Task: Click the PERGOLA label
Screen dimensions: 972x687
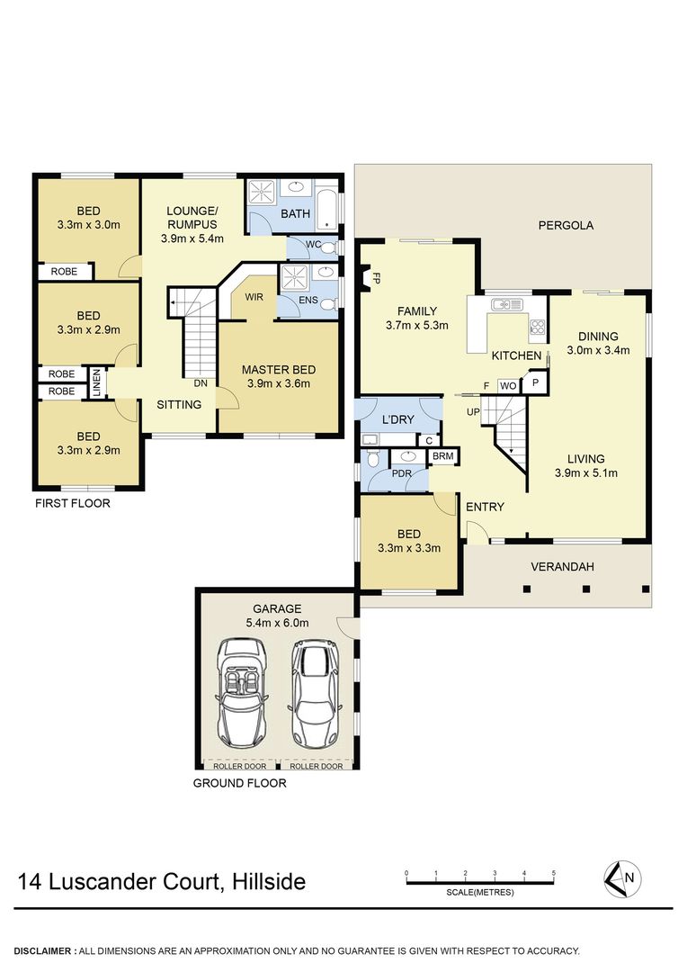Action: click(566, 226)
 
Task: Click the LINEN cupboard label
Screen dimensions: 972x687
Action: click(96, 381)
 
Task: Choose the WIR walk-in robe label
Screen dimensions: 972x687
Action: click(254, 298)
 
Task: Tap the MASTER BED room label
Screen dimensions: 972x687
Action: click(279, 370)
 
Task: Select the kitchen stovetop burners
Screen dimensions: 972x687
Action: click(538, 327)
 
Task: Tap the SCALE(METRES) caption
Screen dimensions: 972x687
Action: click(479, 892)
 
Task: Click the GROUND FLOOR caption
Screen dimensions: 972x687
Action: click(240, 783)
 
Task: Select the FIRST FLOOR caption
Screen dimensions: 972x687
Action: click(72, 503)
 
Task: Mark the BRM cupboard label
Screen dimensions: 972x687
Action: click(443, 457)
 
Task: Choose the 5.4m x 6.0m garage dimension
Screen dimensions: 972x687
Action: click(277, 622)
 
